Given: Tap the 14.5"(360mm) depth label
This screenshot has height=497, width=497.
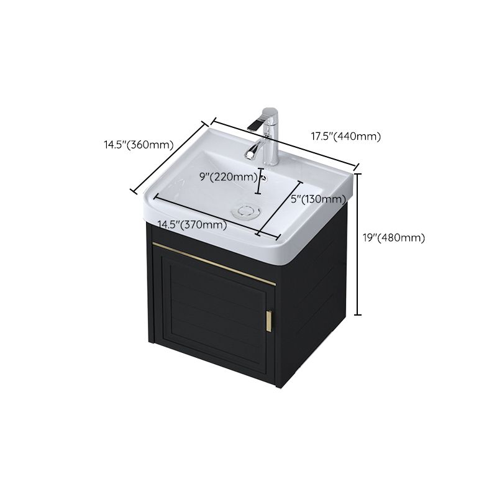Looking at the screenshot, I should (x=138, y=145).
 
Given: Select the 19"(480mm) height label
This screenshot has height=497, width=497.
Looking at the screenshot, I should (x=394, y=237).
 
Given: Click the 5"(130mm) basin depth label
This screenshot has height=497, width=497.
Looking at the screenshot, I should (x=318, y=199).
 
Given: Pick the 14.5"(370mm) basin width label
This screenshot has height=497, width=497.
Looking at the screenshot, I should (x=191, y=224).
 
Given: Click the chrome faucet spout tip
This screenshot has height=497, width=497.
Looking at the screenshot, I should (x=253, y=125).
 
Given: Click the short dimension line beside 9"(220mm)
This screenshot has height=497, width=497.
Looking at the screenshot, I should (x=260, y=176).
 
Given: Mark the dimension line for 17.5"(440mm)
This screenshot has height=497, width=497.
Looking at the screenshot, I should (x=286, y=142).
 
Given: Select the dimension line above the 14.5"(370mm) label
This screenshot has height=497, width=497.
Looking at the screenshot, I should (x=205, y=215).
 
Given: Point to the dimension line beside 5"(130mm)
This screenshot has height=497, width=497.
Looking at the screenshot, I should (x=280, y=209).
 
